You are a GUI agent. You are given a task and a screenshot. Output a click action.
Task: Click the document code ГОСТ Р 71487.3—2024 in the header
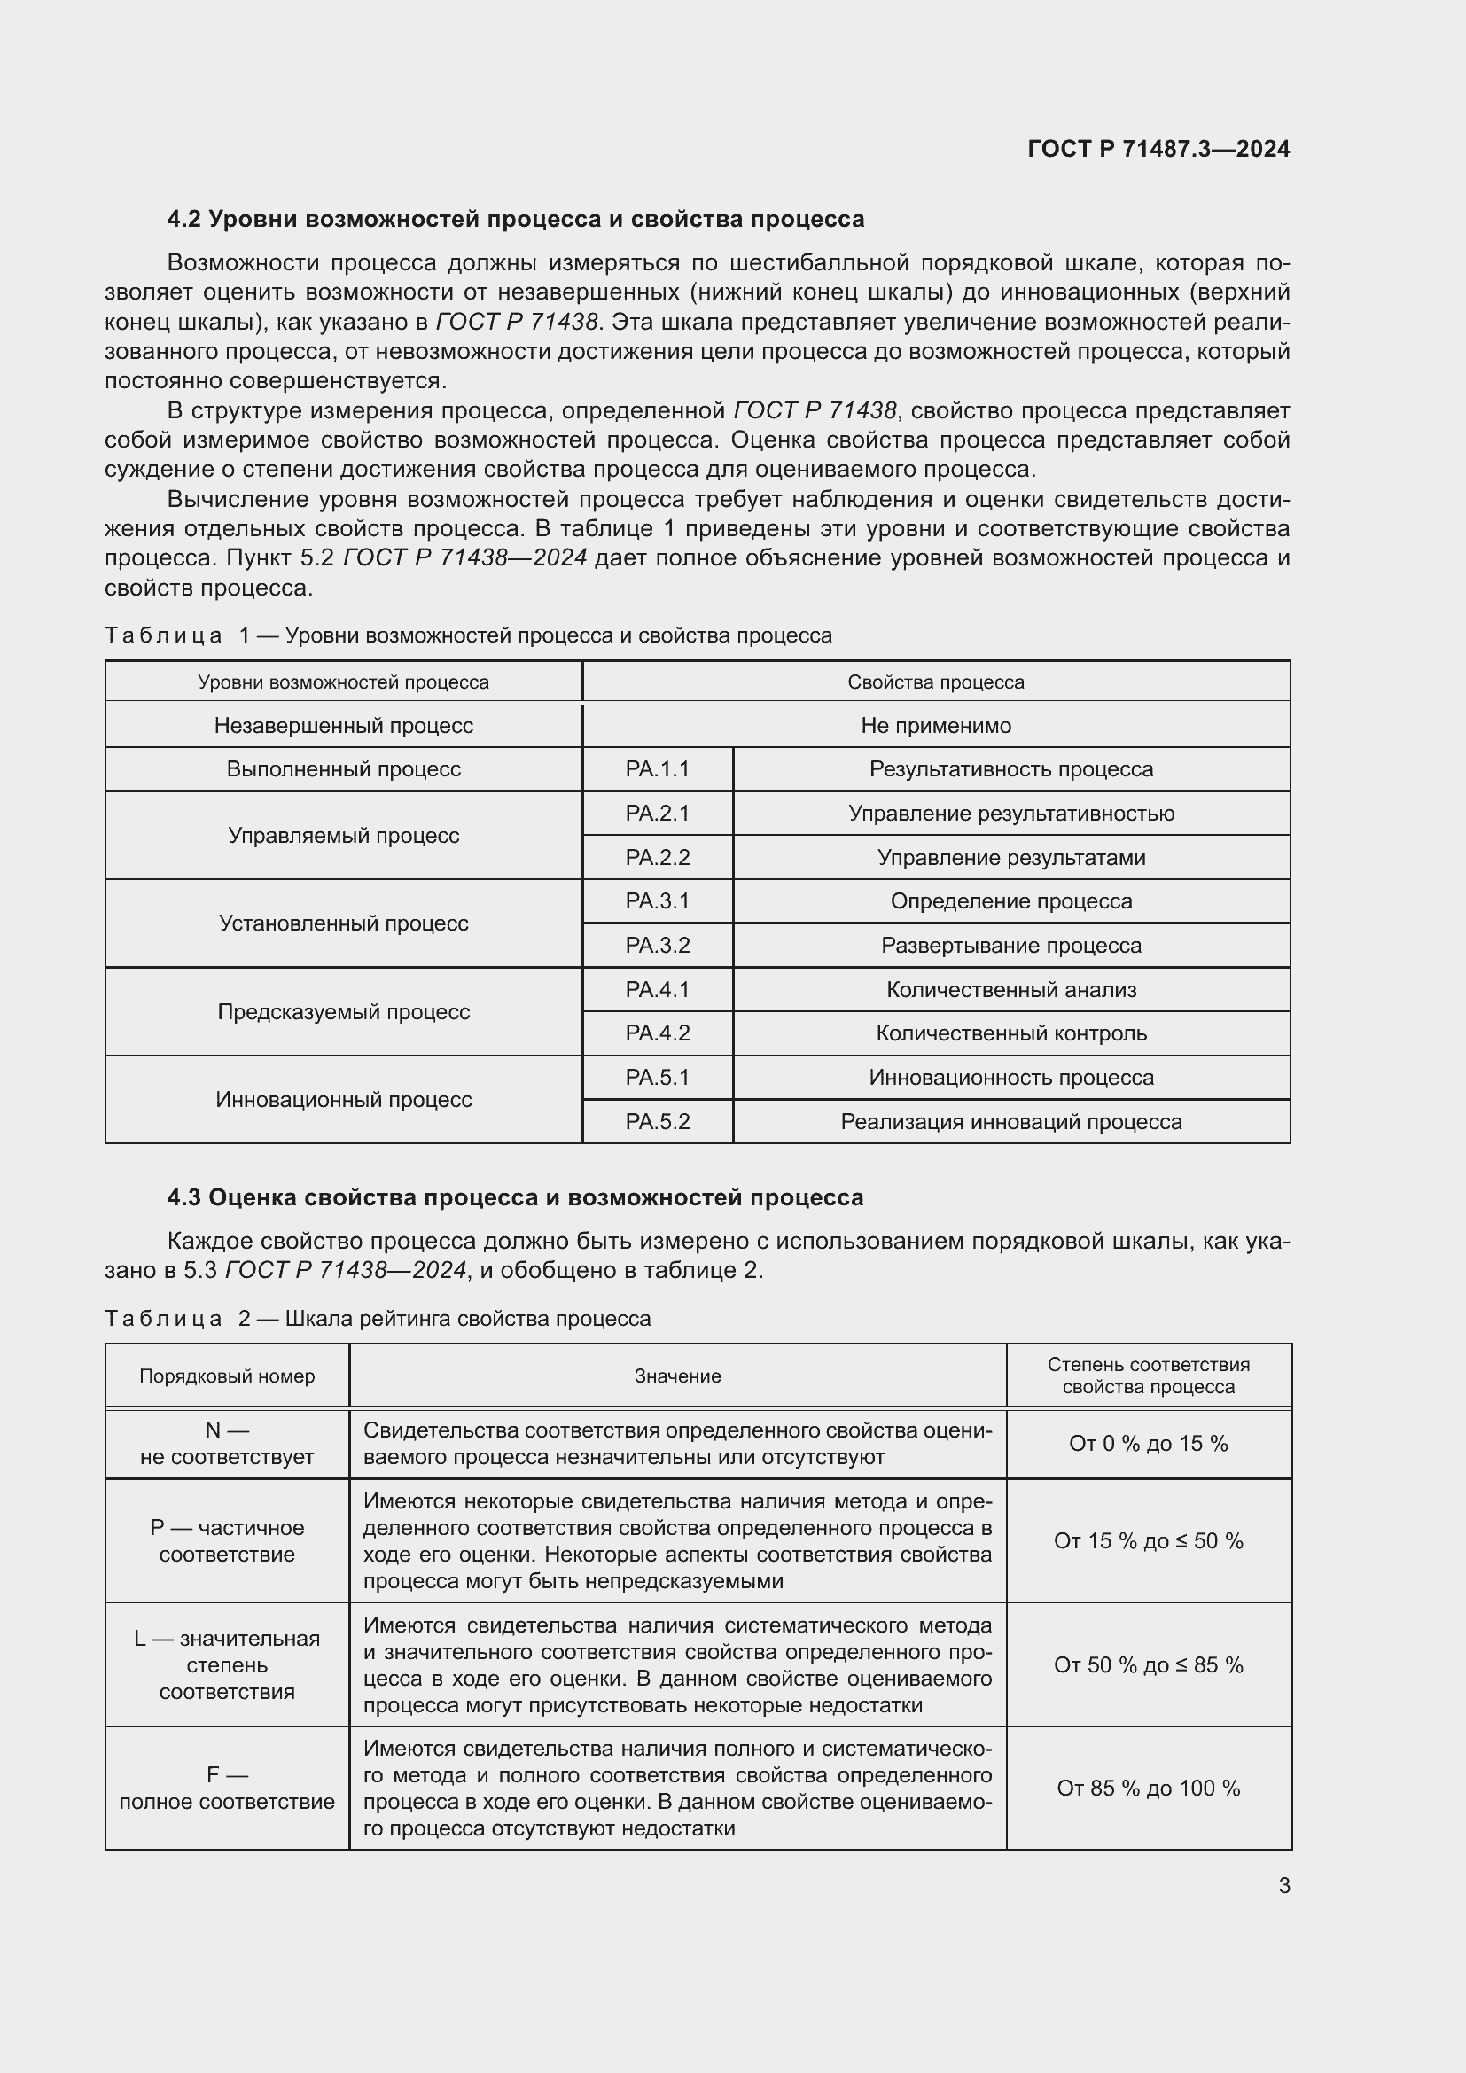coord(1158,149)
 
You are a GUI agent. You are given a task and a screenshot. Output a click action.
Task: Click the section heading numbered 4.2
coord(516,220)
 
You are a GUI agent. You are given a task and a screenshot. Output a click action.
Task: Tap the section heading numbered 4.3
coord(516,1197)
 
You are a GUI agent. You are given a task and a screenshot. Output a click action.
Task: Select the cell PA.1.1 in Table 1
coord(657,769)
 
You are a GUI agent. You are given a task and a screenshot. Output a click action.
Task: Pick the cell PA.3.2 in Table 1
coord(657,946)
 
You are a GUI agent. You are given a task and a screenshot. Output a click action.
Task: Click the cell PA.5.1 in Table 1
coord(657,1077)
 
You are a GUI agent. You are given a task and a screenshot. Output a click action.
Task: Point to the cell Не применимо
coord(935,726)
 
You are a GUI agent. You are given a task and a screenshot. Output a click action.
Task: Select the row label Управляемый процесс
coord(343,835)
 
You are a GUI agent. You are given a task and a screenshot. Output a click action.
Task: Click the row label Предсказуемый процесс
coord(343,1011)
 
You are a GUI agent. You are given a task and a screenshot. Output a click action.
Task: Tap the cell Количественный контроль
coord(1011,1033)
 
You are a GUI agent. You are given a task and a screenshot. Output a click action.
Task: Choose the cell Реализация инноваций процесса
coord(1011,1121)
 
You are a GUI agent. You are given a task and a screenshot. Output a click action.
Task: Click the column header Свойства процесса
coord(935,682)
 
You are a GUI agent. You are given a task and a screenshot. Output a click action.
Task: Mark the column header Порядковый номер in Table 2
coord(227,1376)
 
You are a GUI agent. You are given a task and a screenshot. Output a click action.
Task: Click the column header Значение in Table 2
coord(677,1376)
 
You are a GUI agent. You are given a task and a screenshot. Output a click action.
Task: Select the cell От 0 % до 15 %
coord(1148,1444)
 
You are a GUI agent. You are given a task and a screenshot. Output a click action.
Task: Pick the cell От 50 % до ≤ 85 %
coord(1148,1665)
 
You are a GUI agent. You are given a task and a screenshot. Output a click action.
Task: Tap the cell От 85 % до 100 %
coord(1148,1789)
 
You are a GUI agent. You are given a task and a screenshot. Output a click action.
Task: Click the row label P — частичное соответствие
coord(227,1541)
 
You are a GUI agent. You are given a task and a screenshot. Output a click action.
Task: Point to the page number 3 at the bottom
coord(1283,1885)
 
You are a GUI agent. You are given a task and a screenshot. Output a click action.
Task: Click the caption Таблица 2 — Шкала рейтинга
coord(378,1318)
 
